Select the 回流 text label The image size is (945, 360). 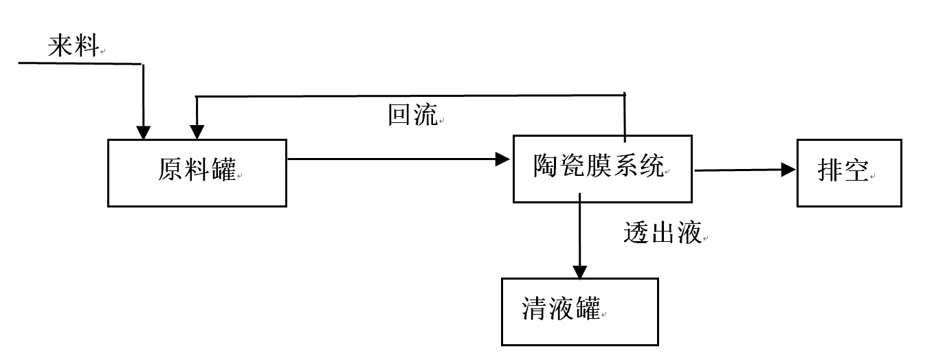[x=412, y=115]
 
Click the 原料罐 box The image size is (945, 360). [x=197, y=172]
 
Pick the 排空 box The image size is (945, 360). [x=849, y=172]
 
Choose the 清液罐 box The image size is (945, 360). [x=580, y=311]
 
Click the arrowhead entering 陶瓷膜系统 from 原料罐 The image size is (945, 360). [x=506, y=159]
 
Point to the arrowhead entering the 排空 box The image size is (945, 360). [x=789, y=170]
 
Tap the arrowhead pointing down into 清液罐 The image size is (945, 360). [x=580, y=272]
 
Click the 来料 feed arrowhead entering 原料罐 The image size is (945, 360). [x=143, y=133]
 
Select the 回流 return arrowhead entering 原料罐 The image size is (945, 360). [x=197, y=133]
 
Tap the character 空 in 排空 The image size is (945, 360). [x=856, y=170]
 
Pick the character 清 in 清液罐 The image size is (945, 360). [x=535, y=309]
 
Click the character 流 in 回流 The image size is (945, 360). [x=425, y=115]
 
